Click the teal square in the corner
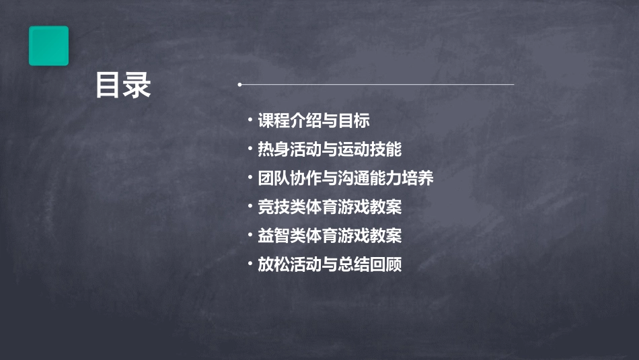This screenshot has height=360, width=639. click(48, 46)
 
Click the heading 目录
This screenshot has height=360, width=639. click(123, 85)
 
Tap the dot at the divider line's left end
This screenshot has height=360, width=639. click(240, 85)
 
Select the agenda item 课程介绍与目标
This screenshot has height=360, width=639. click(313, 121)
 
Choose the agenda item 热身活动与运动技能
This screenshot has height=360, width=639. click(330, 149)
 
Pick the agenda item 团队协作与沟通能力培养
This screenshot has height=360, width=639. click(346, 178)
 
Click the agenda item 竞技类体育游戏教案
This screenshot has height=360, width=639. click(330, 207)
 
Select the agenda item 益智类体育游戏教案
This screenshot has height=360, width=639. click(330, 236)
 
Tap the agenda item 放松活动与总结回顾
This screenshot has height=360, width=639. click(330, 264)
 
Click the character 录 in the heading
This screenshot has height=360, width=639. click(138, 85)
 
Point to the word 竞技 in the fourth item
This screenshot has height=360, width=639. click(274, 207)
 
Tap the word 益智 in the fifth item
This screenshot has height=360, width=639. click(274, 236)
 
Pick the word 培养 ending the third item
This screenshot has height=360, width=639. click(418, 178)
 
